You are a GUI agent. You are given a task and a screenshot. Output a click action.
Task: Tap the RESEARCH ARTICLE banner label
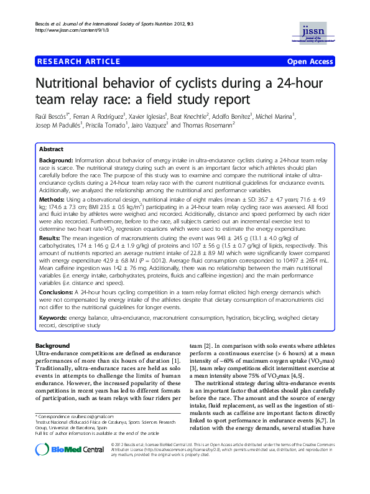(79, 61)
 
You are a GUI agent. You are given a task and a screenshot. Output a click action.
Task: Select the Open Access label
(310, 62)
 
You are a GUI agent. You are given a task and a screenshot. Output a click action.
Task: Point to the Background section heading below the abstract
(53, 345)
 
